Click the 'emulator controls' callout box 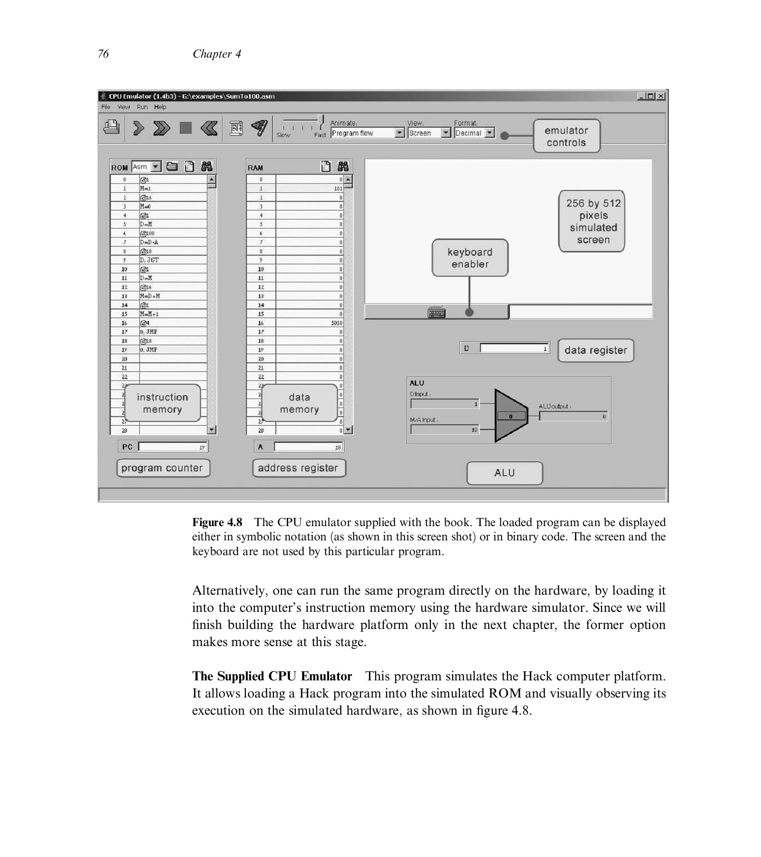tap(566, 136)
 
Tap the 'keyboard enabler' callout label tap(469, 258)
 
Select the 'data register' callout tap(595, 350)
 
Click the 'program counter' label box tap(163, 468)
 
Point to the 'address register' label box tap(298, 468)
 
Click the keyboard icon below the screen tap(436, 312)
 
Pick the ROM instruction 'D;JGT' tap(172, 260)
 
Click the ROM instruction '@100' tap(172, 233)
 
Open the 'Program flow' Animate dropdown tap(367, 133)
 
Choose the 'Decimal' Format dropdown tap(474, 133)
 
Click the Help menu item tap(160, 107)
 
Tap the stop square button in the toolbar tap(185, 128)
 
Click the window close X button tap(661, 96)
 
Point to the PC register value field tap(172, 447)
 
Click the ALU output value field tap(574, 417)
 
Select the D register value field tap(514, 349)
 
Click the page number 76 tap(103, 54)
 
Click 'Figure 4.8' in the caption tap(217, 522)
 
